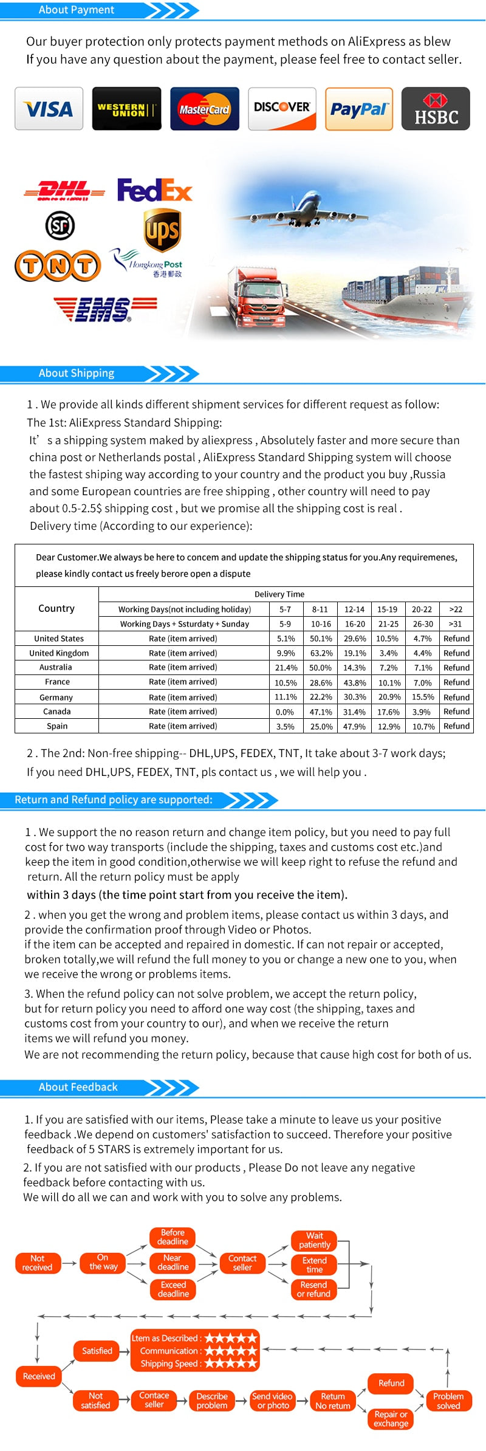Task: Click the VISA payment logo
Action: tap(49, 109)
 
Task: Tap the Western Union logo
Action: tap(126, 109)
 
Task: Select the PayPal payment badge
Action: tap(359, 109)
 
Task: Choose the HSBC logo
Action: tap(436, 109)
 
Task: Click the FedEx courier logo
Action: tap(154, 190)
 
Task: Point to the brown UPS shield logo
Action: tap(162, 230)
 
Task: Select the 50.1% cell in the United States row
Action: tap(321, 639)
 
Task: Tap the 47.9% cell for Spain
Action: tap(354, 726)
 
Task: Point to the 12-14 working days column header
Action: tap(354, 609)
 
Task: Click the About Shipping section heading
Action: tap(77, 373)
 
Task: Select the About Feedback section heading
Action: tap(78, 1087)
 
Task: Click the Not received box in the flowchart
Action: tap(38, 1263)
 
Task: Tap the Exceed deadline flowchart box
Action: tap(173, 1289)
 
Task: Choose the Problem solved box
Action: tap(448, 1401)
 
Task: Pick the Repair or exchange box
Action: tap(391, 1419)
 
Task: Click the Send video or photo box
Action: tap(273, 1401)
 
